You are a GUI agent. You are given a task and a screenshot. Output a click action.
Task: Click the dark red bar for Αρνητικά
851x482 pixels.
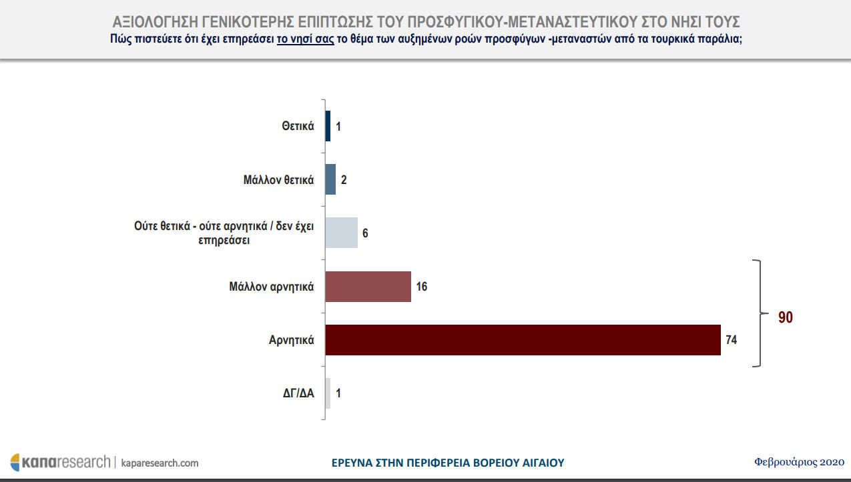[523, 340]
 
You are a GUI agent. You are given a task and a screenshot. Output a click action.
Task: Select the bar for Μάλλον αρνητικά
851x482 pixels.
[368, 287]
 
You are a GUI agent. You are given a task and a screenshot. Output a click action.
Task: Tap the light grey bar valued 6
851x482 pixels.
[342, 233]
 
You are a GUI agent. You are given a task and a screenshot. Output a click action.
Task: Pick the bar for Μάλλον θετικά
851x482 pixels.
[330, 179]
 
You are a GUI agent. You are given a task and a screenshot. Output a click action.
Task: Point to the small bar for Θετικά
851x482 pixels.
[328, 126]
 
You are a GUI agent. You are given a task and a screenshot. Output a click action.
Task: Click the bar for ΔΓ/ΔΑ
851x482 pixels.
[328, 393]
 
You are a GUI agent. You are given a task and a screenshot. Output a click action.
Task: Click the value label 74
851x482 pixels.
[731, 340]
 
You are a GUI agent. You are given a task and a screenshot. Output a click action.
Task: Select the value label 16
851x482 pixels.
[421, 287]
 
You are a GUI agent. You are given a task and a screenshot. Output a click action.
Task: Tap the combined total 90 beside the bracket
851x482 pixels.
[786, 317]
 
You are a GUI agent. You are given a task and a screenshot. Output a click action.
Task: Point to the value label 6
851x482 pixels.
[365, 233]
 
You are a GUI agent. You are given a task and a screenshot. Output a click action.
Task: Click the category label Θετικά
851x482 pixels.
[298, 126]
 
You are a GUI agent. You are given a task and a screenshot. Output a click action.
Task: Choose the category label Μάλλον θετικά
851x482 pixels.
[279, 179]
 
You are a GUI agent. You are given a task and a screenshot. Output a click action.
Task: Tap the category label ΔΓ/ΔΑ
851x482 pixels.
[297, 393]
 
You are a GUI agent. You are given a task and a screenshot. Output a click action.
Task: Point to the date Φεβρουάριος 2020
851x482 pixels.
[800, 461]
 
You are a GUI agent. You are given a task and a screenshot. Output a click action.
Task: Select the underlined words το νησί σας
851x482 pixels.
[305, 39]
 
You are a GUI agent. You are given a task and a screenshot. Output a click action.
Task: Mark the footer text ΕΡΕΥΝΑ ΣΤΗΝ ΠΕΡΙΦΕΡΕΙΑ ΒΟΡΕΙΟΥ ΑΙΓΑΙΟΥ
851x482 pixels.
[448, 462]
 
